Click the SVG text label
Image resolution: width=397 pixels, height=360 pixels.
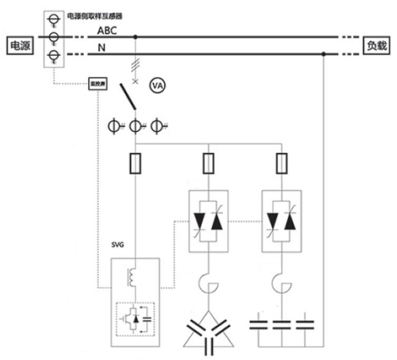(117, 246)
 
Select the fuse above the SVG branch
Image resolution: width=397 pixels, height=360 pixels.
(136, 164)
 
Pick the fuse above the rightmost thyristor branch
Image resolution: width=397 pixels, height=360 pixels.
(282, 164)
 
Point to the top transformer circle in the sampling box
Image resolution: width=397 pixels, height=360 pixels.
(52, 20)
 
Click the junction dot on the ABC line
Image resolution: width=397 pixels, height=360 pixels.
(136, 37)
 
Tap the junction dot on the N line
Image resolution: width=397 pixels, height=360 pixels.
(323, 53)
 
